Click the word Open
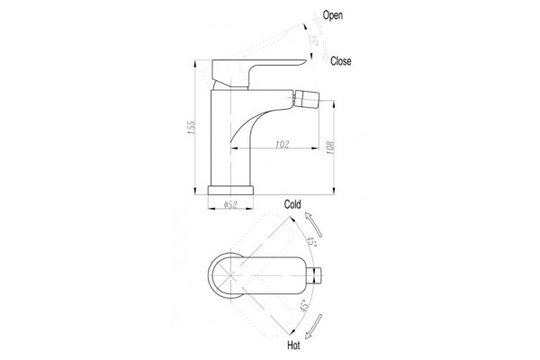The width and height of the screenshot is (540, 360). click(x=333, y=15)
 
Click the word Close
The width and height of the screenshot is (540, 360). click(x=340, y=61)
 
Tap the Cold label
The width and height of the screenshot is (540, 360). click(x=292, y=204)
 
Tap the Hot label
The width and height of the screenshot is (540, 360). click(x=293, y=346)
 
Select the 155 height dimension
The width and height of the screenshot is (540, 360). click(x=191, y=128)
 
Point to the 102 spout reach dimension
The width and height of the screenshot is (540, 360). click(x=282, y=144)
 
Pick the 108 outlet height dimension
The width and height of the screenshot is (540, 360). click(x=329, y=148)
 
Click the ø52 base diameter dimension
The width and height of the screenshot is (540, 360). click(x=230, y=204)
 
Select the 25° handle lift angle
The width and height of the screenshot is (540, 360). click(x=311, y=39)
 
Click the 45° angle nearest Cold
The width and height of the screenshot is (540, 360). click(x=311, y=241)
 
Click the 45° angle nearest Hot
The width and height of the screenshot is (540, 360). click(x=304, y=306)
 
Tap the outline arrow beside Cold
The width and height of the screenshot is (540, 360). click(x=313, y=225)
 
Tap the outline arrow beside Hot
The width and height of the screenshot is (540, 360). click(x=313, y=327)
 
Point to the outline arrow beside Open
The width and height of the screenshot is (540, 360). click(x=318, y=24)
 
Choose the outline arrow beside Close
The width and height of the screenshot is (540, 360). click(x=325, y=52)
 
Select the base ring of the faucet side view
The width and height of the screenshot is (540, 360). click(x=230, y=190)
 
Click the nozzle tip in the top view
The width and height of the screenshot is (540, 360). click(x=316, y=275)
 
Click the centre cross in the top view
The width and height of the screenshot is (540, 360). click(x=230, y=275)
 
